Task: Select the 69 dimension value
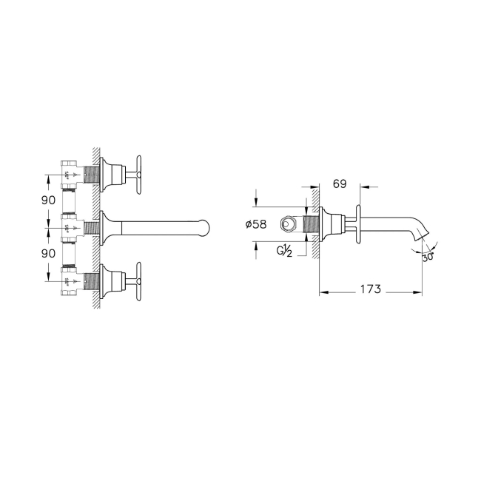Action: tap(340, 182)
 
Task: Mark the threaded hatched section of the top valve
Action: tap(92, 175)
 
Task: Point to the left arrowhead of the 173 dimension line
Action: tap(323, 289)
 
